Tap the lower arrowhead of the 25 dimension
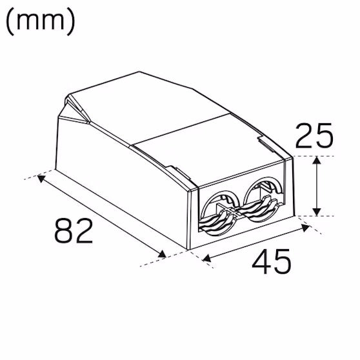pyautogui.click(x=316, y=212)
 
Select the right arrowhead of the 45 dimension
pyautogui.click(x=305, y=228)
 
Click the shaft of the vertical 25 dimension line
pyautogui.click(x=316, y=187)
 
